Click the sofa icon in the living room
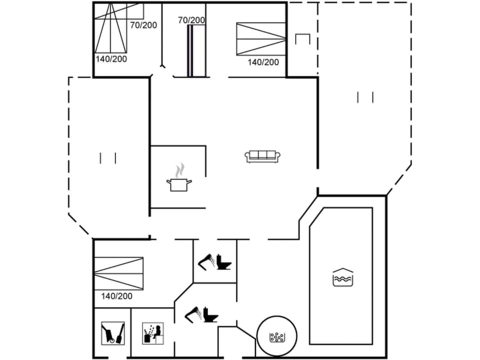tap(262, 156)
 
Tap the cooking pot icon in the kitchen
tap(179, 184)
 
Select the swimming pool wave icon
tap(343, 277)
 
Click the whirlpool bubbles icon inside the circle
tap(276, 337)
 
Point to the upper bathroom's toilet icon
tap(223, 262)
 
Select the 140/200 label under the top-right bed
tap(263, 62)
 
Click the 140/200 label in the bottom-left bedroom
tap(116, 296)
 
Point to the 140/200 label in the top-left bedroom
tap(111, 58)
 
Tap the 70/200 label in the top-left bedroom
tap(143, 24)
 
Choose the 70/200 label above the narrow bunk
tap(191, 20)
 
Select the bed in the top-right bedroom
tap(260, 39)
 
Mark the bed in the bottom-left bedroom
tap(119, 273)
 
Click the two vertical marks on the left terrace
tap(108, 158)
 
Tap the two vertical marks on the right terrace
tap(365, 97)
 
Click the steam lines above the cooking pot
tap(181, 169)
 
